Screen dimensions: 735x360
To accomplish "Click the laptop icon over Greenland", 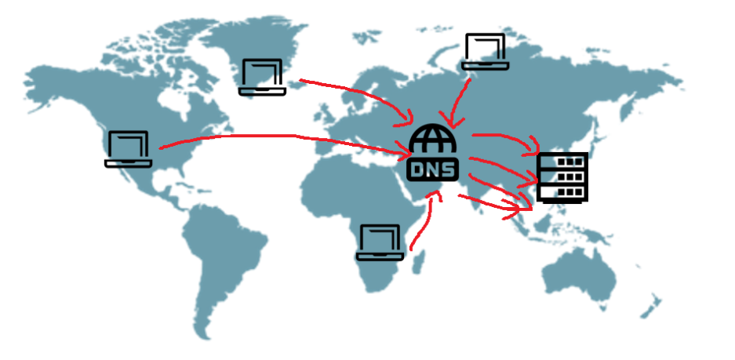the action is point(262,78).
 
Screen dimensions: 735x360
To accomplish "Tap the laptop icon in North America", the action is point(128,149).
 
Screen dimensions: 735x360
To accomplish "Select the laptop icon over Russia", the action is point(485,52).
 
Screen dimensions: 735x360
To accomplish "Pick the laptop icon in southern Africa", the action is point(380,242).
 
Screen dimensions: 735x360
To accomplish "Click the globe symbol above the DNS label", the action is point(432,138).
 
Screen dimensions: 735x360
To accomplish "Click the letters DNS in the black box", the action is point(432,169).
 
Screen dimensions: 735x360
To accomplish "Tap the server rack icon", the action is point(562,178).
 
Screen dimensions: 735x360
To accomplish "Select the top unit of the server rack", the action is point(562,162).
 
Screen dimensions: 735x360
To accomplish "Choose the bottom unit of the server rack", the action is point(562,192).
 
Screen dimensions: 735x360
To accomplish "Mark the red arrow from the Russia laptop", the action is point(457,100).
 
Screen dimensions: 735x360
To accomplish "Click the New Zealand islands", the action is point(652,307).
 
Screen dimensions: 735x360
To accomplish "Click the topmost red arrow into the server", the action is point(506,140).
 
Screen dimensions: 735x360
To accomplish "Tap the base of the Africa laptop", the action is point(380,257).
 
